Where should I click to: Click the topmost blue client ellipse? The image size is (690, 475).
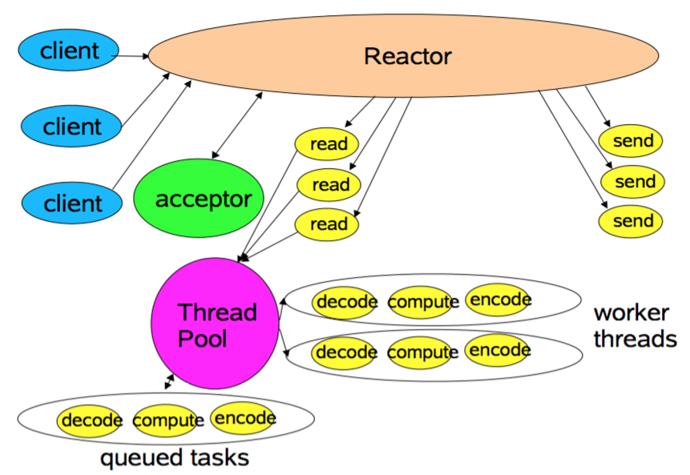coord(69,51)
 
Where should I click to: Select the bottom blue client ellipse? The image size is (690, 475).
coord(72,202)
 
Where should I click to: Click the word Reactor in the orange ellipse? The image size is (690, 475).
coord(407,57)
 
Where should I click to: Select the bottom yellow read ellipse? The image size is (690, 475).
coord(327,223)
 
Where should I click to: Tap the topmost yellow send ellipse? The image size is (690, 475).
coord(631,142)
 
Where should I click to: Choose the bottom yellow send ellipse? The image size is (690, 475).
coord(631,220)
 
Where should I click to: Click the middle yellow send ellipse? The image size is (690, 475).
coord(631,182)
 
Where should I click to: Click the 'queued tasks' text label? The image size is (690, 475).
coord(174,457)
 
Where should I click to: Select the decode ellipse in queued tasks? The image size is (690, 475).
coord(91,420)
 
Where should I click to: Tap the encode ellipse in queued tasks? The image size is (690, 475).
coord(244,417)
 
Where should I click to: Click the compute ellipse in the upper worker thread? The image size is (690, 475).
coord(423,302)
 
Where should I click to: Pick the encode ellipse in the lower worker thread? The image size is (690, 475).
coord(498,350)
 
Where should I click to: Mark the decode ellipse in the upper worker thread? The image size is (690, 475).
coord(346,302)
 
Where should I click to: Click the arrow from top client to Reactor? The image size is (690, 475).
coord(133,56)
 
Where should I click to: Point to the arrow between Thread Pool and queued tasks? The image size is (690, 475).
coord(169,381)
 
